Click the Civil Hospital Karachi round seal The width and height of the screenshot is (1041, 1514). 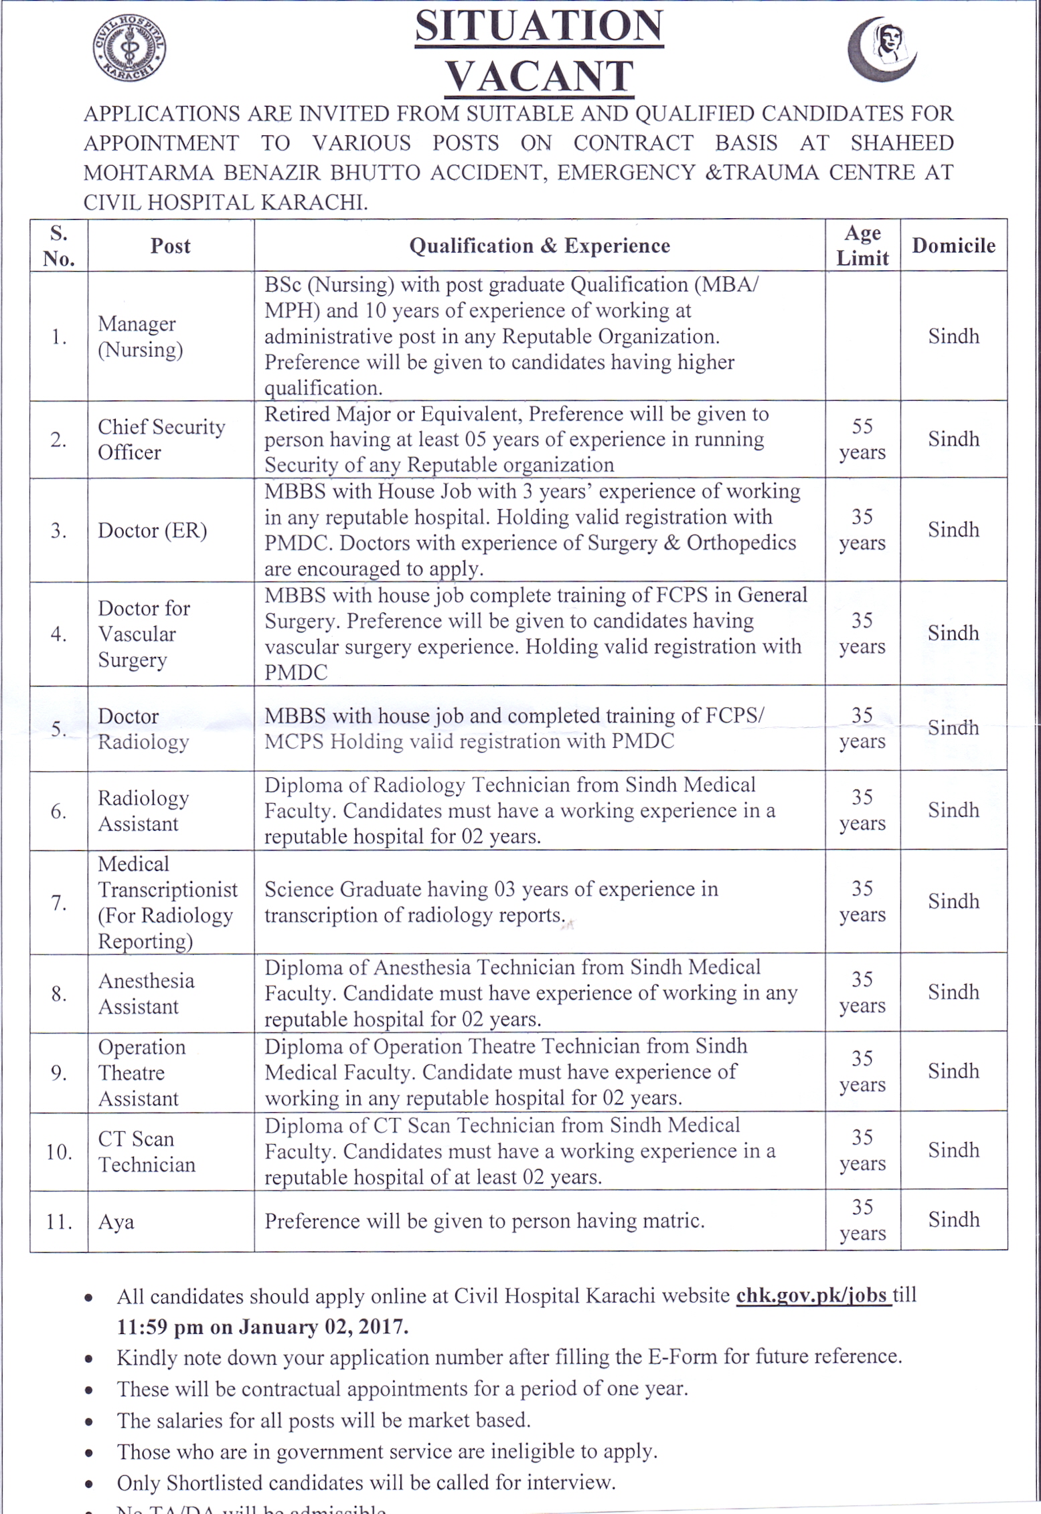coord(129,49)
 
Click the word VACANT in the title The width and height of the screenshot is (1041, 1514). coord(540,76)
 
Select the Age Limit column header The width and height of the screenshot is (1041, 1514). coord(862,246)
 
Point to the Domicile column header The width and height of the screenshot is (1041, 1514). coord(953,246)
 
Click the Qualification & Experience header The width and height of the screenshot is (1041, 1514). coord(540,246)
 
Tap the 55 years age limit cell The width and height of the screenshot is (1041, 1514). coord(862,439)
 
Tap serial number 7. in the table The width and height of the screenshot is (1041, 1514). coord(59,903)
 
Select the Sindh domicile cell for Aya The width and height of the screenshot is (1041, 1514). coord(953,1220)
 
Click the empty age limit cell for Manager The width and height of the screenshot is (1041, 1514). coord(862,336)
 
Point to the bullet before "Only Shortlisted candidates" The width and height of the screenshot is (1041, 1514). coord(89,1483)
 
